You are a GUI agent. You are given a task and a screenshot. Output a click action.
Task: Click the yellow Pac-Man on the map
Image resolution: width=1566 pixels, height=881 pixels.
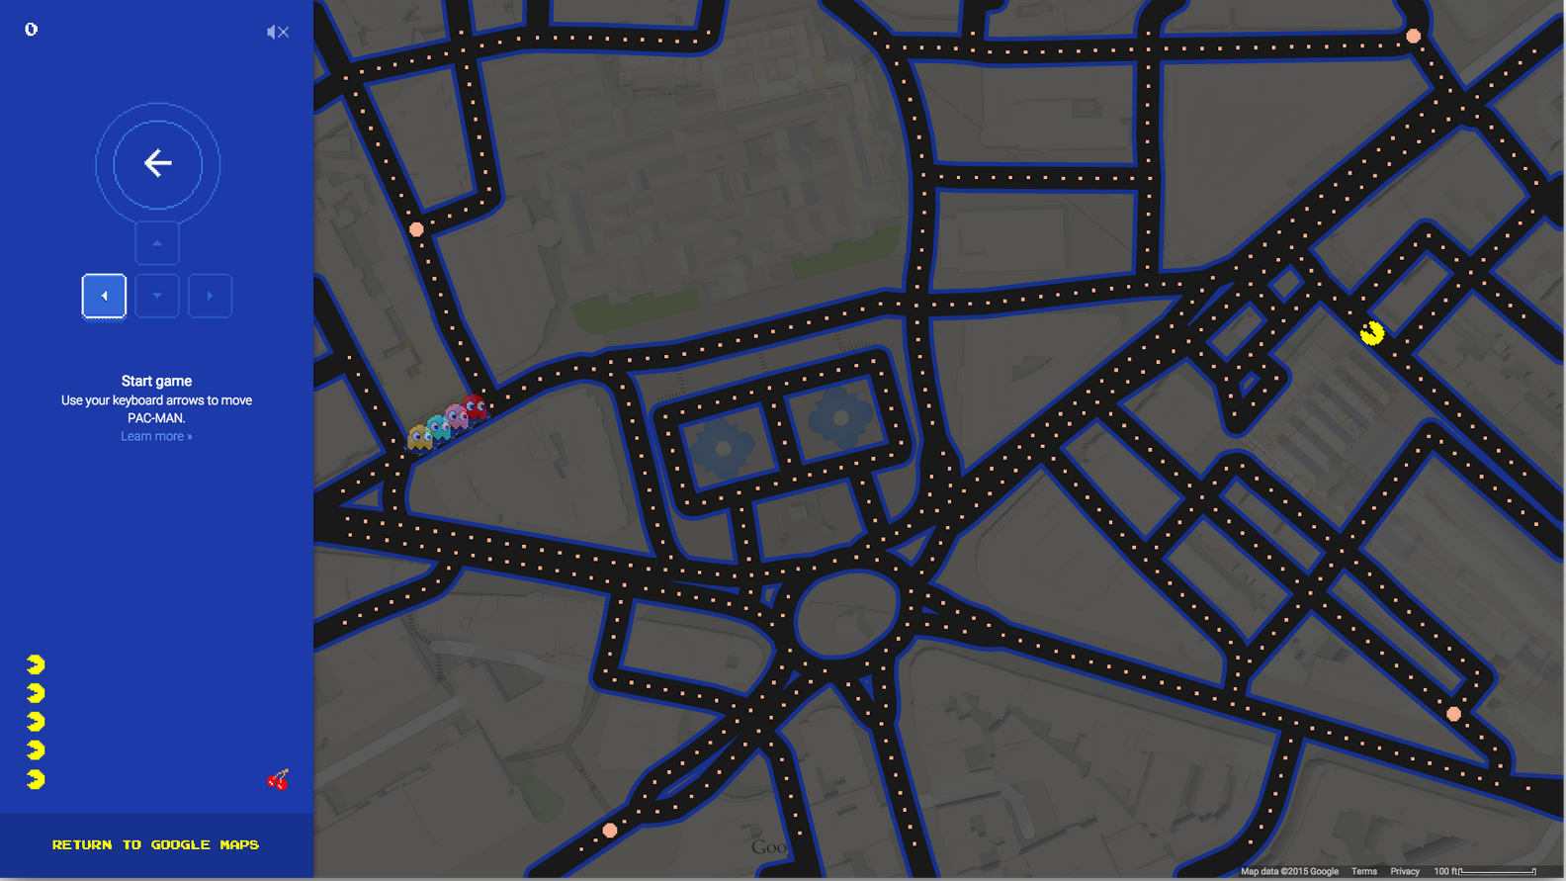tap(1371, 333)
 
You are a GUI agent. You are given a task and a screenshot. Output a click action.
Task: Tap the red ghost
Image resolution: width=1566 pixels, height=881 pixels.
tap(476, 405)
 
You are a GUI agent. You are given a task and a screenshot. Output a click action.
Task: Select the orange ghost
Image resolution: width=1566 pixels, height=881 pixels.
tap(420, 436)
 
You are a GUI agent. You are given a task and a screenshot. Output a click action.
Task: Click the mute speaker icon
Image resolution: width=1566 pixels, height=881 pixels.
tap(278, 33)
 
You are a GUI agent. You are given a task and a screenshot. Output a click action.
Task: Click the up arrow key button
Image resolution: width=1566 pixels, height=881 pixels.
tap(157, 243)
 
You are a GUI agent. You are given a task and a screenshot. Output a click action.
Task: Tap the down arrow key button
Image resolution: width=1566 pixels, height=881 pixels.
tap(157, 296)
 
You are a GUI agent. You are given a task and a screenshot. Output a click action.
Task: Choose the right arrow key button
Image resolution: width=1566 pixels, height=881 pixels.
tap(210, 296)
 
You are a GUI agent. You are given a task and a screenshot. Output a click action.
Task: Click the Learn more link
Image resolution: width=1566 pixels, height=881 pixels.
tap(156, 436)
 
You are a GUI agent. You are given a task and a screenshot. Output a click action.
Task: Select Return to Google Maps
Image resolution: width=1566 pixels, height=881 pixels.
tap(155, 844)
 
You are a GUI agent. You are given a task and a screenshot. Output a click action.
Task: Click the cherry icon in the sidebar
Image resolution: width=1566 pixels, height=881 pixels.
tap(279, 779)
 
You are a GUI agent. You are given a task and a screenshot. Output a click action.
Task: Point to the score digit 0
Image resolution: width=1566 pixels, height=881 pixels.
tap(32, 30)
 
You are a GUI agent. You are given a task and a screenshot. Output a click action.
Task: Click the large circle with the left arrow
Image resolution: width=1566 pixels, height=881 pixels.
tap(157, 163)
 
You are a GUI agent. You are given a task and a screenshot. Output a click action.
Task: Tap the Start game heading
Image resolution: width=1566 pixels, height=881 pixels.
tap(156, 381)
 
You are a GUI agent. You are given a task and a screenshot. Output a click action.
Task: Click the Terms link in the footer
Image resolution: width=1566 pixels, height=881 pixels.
tap(1364, 871)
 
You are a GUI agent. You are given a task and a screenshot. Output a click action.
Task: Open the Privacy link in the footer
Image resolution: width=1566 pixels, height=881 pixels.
tap(1405, 871)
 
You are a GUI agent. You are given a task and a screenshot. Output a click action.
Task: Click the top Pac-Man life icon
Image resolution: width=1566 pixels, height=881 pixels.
tap(36, 663)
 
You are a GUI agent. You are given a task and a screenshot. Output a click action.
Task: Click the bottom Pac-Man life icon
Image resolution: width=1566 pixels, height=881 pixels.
tap(36, 779)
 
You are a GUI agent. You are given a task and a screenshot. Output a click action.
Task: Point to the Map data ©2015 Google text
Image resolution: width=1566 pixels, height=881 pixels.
tap(1289, 871)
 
